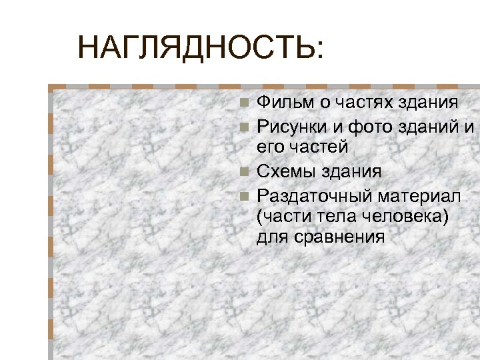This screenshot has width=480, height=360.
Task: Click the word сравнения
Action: click(x=337, y=237)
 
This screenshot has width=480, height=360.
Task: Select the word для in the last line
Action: click(x=269, y=237)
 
